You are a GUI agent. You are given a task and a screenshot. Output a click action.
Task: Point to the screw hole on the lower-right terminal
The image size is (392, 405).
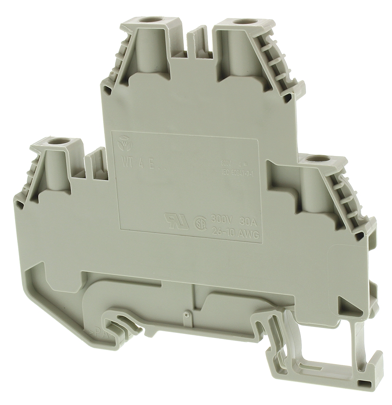coord(316,159)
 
